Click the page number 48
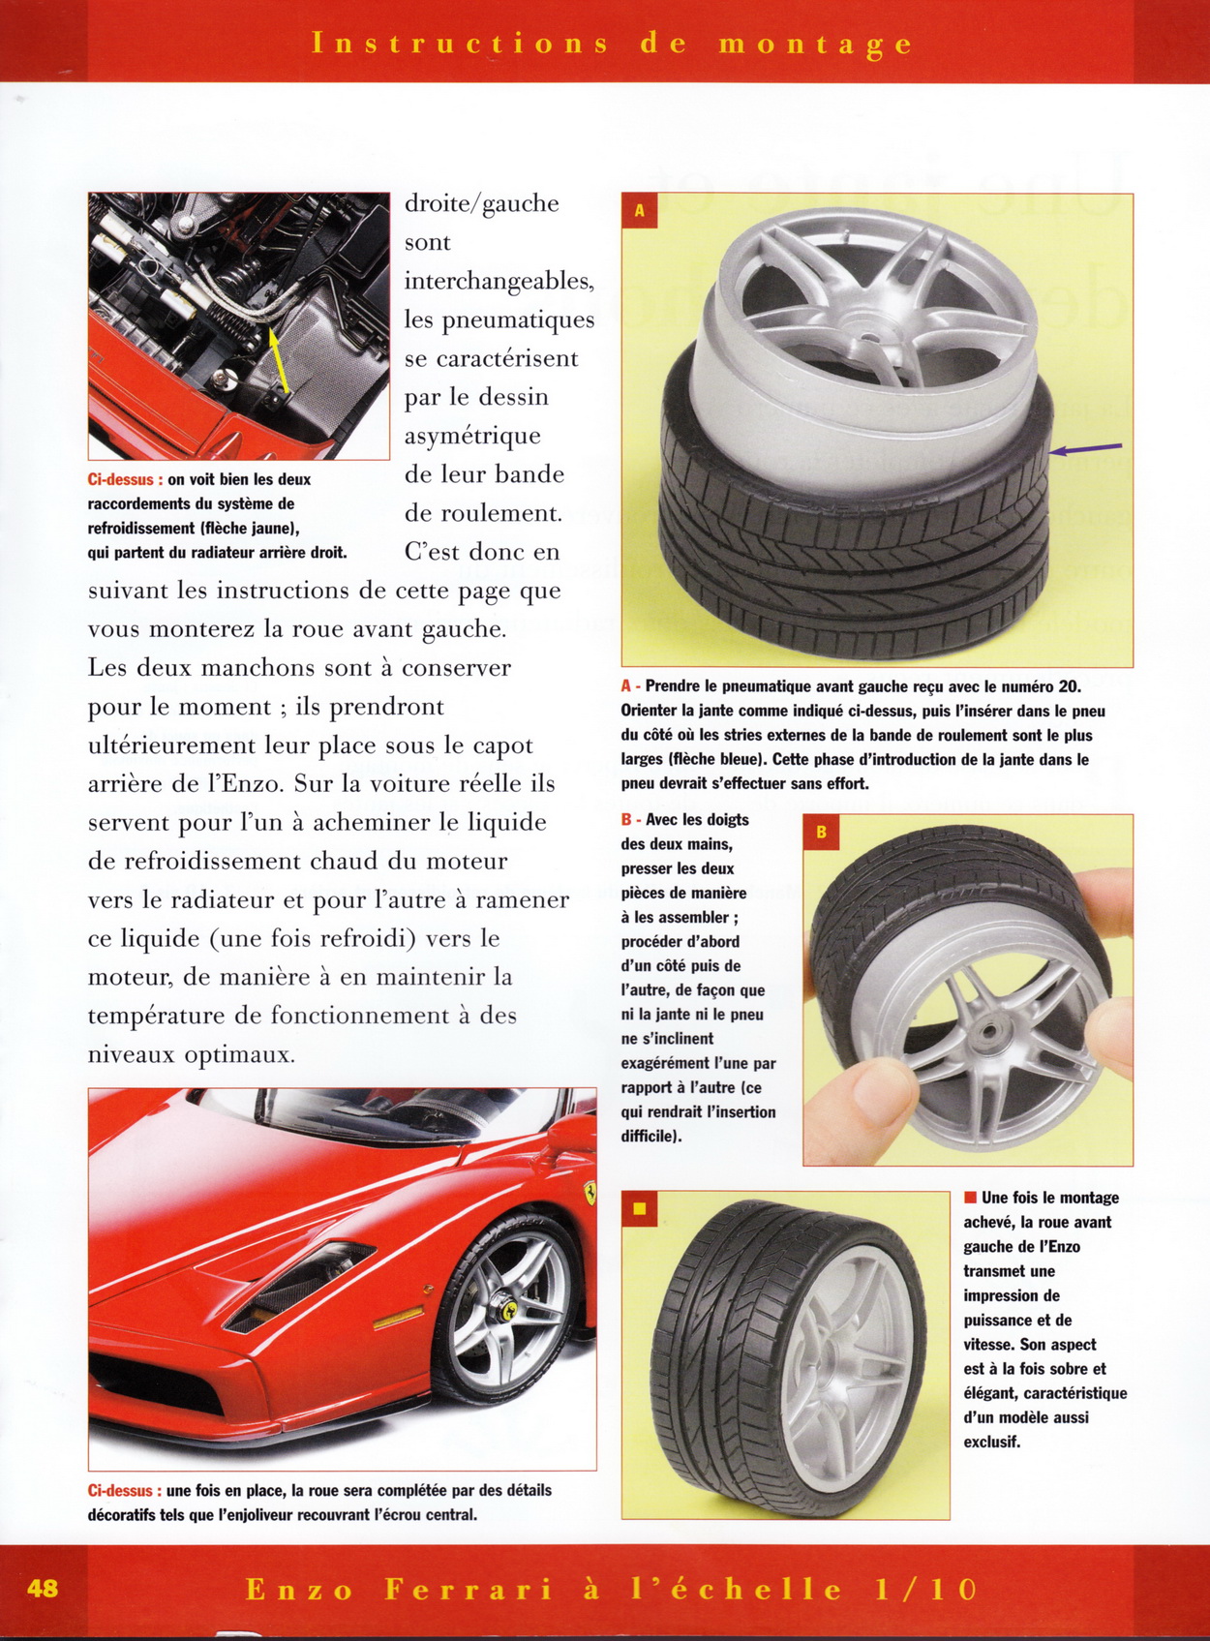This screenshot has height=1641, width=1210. pos(43,1588)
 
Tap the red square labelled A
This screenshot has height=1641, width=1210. pos(640,210)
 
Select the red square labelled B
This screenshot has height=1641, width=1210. pos(821,832)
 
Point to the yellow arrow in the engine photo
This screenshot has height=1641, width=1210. pos(276,359)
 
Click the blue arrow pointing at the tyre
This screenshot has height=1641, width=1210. pos(1086,448)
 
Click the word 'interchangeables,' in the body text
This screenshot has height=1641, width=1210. pos(499,281)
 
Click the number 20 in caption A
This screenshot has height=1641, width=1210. pos(1069,686)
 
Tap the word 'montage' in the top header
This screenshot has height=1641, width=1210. pos(815,44)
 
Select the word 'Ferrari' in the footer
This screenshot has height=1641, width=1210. pos(469,1589)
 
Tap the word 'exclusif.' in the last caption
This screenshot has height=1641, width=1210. pos(991,1442)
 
